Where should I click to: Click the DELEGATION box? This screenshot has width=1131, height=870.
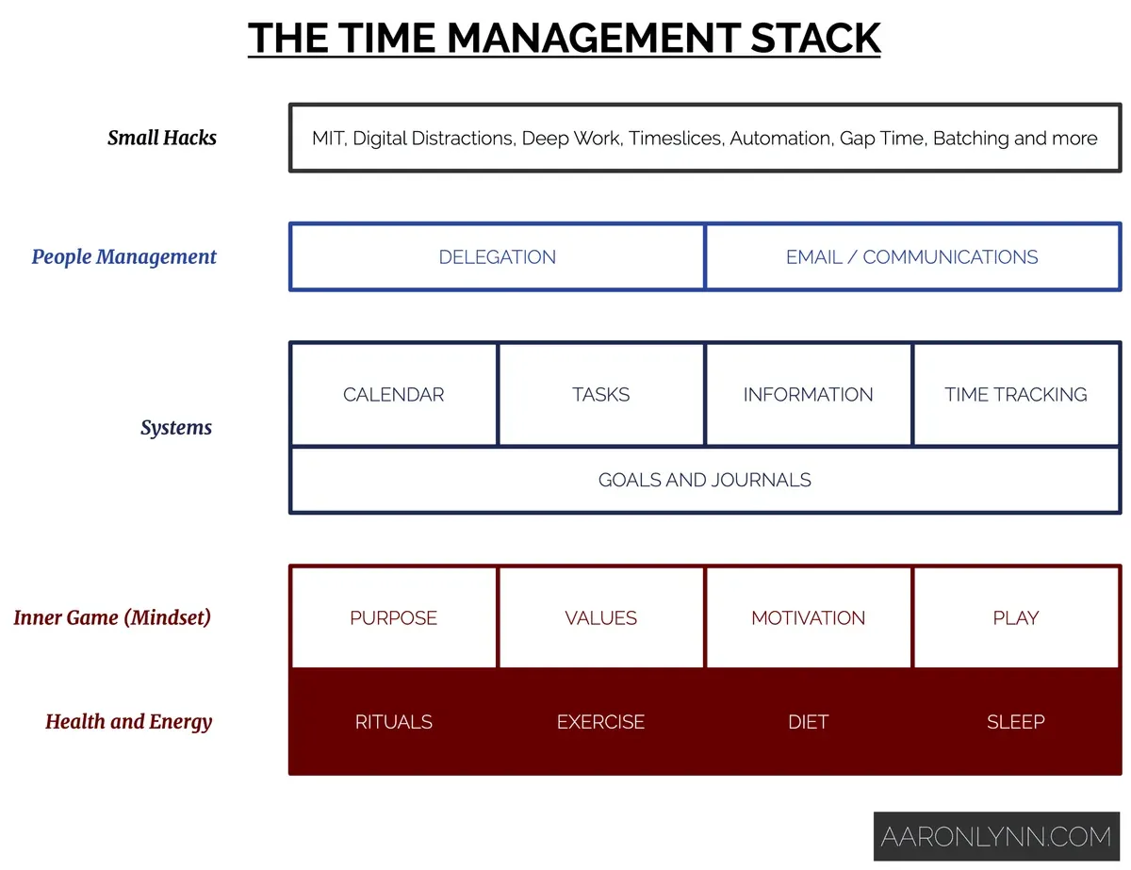[497, 256]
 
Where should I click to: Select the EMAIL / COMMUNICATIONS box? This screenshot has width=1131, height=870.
[911, 256]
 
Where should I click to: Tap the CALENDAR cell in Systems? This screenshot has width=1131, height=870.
[393, 394]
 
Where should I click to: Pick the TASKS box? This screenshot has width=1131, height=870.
[600, 394]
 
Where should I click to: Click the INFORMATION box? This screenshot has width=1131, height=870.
[808, 394]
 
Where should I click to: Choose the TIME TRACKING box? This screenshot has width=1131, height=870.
[1016, 394]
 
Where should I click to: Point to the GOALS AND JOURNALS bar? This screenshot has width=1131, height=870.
[704, 480]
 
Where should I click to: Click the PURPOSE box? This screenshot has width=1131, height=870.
[393, 617]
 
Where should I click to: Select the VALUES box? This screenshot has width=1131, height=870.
[600, 617]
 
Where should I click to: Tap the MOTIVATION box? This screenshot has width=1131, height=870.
[808, 617]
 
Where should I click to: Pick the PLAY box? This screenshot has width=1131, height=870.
[1016, 617]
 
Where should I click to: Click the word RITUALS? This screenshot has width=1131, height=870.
[393, 722]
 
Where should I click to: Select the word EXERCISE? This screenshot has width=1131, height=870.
[600, 722]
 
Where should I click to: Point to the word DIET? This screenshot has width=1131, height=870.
[808, 722]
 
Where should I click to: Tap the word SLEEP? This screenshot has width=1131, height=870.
[1016, 722]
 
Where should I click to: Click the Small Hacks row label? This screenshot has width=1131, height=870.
[161, 138]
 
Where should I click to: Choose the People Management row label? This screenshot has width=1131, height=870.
[123, 256]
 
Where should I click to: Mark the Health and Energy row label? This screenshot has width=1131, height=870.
[128, 722]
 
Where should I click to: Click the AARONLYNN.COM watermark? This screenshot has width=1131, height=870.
[996, 836]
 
